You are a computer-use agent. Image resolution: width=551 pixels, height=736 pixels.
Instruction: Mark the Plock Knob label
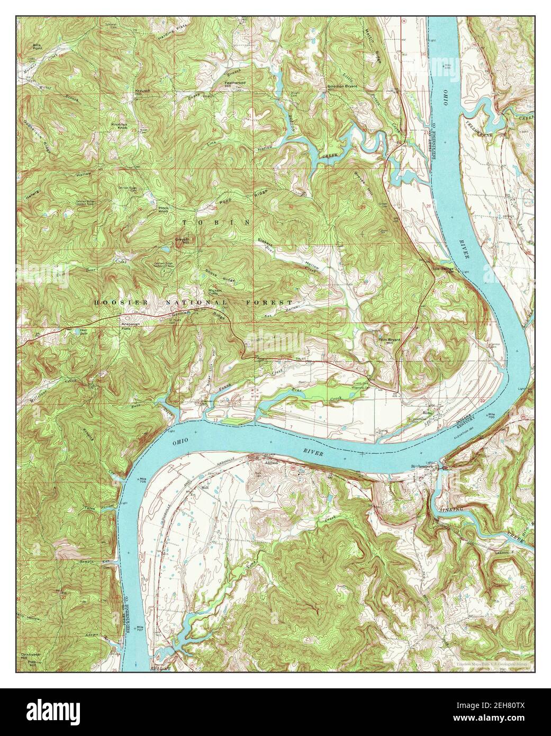[x=163, y=210]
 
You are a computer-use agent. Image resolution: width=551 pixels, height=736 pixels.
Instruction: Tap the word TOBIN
[x=216, y=222]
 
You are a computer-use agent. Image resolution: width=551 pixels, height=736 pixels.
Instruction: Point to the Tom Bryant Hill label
[x=387, y=340]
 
